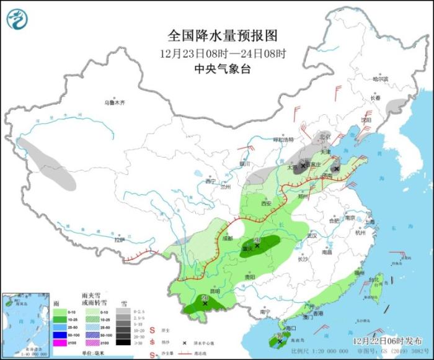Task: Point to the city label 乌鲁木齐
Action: tap(114, 102)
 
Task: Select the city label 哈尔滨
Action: tap(379, 79)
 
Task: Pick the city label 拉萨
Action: tap(120, 240)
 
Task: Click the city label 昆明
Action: tap(215, 290)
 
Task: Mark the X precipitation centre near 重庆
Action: tap(257, 246)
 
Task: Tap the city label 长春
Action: tap(375, 98)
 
